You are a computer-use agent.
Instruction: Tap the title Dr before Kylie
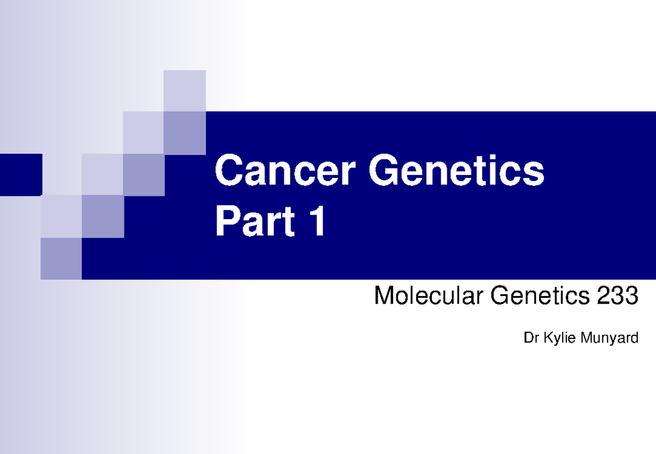tap(531, 339)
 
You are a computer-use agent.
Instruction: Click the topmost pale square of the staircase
tap(185, 91)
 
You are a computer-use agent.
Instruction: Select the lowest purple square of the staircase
tap(61, 258)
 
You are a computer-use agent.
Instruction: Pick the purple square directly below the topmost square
tap(185, 133)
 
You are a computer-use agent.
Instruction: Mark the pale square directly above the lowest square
tap(61, 216)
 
